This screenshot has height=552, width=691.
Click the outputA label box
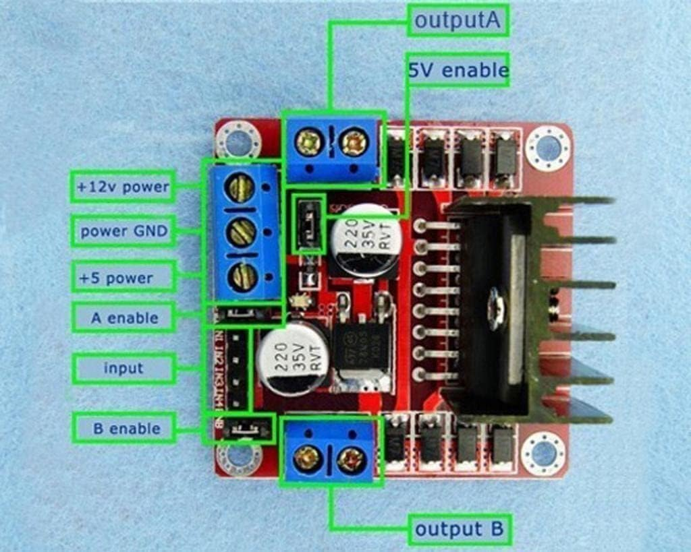click(x=458, y=21)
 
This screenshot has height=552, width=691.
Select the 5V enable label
click(x=458, y=70)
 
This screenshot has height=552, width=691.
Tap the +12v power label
click(x=123, y=187)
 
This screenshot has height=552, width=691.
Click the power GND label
click(x=123, y=232)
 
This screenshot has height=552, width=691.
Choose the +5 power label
click(x=123, y=277)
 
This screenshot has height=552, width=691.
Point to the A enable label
click(x=123, y=317)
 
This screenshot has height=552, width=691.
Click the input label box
click(x=123, y=368)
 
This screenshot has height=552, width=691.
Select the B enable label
click(x=125, y=428)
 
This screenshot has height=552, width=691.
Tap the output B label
click(x=460, y=529)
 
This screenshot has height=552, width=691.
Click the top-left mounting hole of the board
click(x=238, y=142)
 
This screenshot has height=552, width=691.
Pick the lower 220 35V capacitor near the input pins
click(x=293, y=359)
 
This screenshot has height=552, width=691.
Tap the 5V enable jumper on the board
click(x=308, y=224)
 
